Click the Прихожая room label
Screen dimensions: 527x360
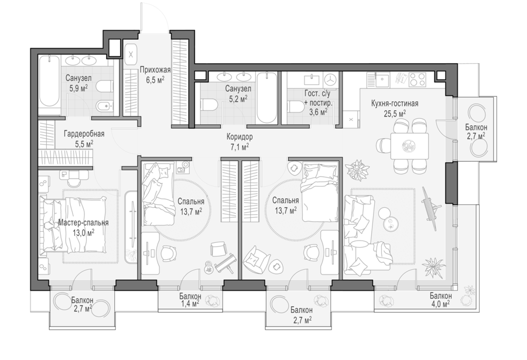click(x=155, y=70)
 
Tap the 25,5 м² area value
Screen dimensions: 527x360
click(x=395, y=114)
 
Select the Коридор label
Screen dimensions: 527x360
click(x=239, y=137)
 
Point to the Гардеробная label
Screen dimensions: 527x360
click(x=84, y=134)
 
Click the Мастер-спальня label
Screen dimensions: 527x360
click(x=83, y=222)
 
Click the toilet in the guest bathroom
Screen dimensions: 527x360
click(x=295, y=107)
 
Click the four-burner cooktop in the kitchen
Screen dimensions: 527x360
click(x=418, y=80)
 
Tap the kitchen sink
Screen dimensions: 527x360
click(x=383, y=80)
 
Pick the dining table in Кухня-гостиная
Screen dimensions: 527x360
click(x=410, y=146)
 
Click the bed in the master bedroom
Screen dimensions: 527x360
click(x=73, y=224)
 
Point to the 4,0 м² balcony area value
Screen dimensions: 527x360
click(x=440, y=304)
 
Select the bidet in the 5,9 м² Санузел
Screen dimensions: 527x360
click(x=103, y=107)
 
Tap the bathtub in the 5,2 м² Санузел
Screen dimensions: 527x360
click(x=267, y=98)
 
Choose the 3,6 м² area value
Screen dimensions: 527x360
click(x=319, y=111)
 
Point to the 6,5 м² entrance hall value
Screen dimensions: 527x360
click(x=155, y=80)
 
